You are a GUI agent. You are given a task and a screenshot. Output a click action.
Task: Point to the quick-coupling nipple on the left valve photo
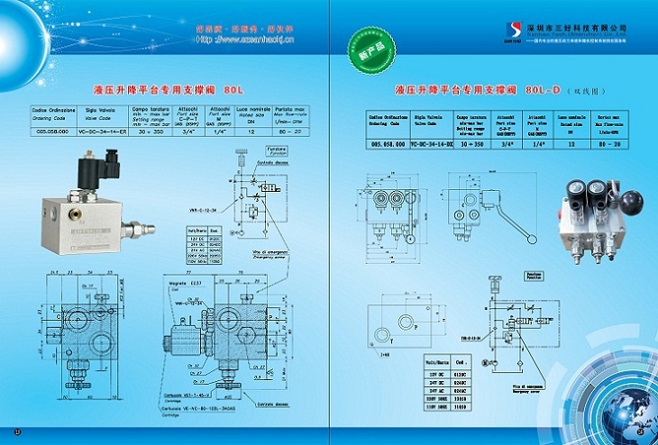[x=138, y=223]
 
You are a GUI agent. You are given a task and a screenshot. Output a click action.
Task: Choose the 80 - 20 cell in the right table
[x=617, y=143]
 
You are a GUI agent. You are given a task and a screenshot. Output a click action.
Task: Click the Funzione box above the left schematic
[x=277, y=150]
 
